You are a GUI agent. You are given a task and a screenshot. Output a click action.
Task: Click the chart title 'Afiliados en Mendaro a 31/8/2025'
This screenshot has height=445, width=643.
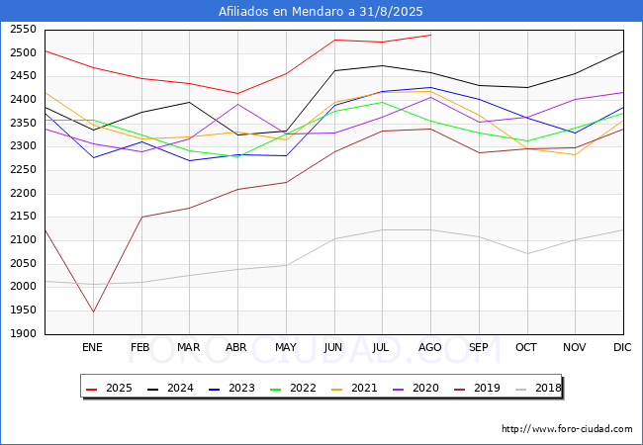(x=321, y=11)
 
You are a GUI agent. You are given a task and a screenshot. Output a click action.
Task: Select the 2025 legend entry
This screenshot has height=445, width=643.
(x=110, y=388)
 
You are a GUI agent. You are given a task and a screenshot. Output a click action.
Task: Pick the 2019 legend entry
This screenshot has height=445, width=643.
(x=478, y=388)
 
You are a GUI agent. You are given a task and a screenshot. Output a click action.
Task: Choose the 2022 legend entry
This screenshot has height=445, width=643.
(x=293, y=388)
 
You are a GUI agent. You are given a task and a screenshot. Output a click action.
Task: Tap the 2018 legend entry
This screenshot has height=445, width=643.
(x=538, y=388)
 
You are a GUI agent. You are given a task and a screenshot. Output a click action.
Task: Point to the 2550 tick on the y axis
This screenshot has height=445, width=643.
(x=24, y=29)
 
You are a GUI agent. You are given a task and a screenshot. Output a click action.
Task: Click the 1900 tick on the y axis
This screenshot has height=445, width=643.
(x=24, y=333)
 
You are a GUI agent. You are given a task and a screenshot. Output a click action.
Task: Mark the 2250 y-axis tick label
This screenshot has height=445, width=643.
(x=24, y=170)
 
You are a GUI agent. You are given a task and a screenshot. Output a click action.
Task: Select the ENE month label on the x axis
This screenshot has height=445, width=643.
(x=92, y=347)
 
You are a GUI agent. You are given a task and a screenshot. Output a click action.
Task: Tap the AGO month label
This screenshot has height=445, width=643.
(x=429, y=347)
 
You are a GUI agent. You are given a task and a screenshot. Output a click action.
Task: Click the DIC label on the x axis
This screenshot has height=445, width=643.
(x=622, y=347)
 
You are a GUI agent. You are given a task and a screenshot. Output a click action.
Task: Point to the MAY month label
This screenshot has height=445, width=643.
(x=286, y=347)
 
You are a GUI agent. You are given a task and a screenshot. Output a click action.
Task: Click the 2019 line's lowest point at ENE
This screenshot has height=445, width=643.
(x=94, y=311)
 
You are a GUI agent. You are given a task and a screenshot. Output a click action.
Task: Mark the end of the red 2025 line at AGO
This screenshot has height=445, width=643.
(x=430, y=35)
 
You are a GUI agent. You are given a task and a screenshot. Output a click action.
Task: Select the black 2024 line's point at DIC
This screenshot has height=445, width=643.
(x=623, y=50)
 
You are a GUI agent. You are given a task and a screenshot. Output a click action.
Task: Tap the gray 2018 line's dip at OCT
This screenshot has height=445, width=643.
(x=527, y=253)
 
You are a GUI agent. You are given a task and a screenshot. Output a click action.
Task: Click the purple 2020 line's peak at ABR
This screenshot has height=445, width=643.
(x=237, y=104)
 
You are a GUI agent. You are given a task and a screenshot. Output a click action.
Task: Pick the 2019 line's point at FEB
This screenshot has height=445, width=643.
(x=141, y=217)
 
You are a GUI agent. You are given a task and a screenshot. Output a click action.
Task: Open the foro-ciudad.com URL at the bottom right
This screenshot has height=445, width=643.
(x=567, y=428)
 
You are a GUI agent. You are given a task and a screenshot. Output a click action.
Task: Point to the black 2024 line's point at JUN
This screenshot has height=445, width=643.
(x=334, y=70)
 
